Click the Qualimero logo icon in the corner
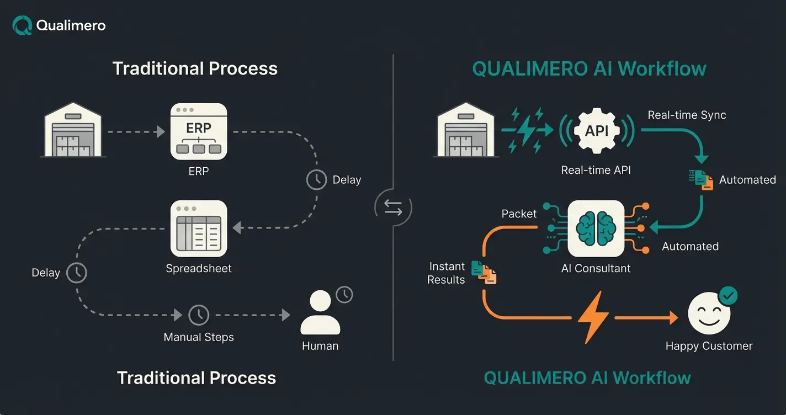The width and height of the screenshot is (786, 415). (22, 25)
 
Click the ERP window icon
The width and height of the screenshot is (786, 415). (199, 132)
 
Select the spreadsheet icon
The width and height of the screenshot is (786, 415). (199, 228)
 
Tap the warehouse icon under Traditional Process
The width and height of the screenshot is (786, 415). (73, 131)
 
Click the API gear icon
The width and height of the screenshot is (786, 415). (596, 131)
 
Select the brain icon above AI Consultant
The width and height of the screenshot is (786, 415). (596, 228)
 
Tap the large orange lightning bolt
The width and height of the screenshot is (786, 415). (593, 318)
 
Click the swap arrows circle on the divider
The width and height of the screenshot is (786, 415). (393, 208)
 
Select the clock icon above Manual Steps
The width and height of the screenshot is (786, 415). (199, 315)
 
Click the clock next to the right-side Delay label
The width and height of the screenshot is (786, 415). (316, 180)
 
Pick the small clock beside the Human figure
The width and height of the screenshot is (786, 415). (344, 294)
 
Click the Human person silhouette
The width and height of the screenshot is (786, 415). (320, 312)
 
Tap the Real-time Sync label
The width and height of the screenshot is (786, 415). (687, 115)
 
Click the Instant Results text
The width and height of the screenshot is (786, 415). (446, 273)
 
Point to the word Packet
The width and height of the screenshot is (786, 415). (519, 214)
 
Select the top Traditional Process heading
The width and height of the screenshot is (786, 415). (195, 68)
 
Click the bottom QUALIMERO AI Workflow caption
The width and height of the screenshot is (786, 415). (587, 378)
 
